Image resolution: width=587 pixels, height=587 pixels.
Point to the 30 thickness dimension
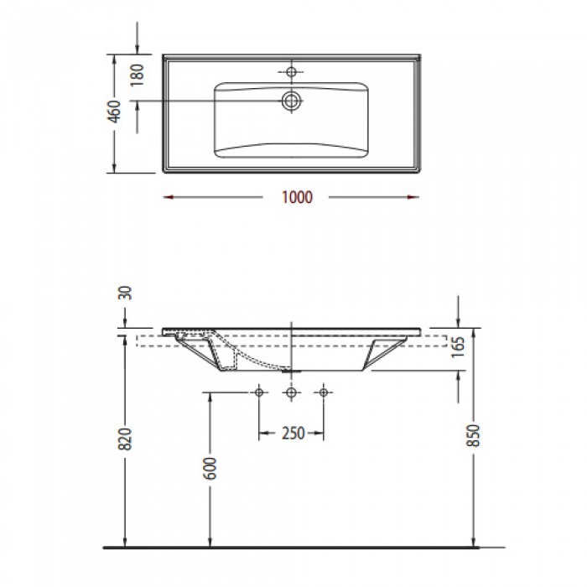pyautogui.click(x=127, y=293)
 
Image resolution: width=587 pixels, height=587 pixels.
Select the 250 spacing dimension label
pyautogui.click(x=292, y=434)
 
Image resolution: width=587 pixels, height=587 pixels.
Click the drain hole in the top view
pyautogui.click(x=292, y=101)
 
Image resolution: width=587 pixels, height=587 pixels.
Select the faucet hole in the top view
pyautogui.click(x=292, y=70)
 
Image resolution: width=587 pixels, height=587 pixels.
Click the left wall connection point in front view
pyautogui.click(x=260, y=392)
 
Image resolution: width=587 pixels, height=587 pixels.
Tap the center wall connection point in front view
pyautogui.click(x=291, y=392)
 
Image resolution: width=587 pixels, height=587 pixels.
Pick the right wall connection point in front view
pyautogui.click(x=323, y=392)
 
